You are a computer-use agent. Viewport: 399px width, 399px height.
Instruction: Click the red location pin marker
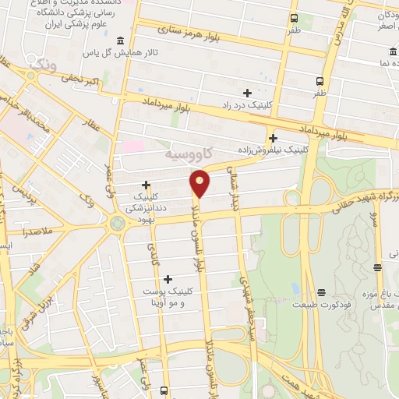[x=200, y=182]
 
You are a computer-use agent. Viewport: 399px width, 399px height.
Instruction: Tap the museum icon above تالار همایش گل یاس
[x=118, y=41]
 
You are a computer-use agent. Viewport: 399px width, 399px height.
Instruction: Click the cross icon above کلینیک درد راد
[x=247, y=93]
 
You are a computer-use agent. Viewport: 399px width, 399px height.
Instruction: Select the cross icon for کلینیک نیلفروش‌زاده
[x=273, y=138]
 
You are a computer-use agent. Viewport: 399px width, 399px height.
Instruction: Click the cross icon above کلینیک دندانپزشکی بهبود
[x=146, y=185]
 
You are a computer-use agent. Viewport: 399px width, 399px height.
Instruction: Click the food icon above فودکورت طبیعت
[x=321, y=293]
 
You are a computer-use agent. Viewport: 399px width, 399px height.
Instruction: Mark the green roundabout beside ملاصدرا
[x=116, y=224]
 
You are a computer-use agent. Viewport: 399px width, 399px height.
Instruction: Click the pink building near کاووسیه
[x=132, y=146]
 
